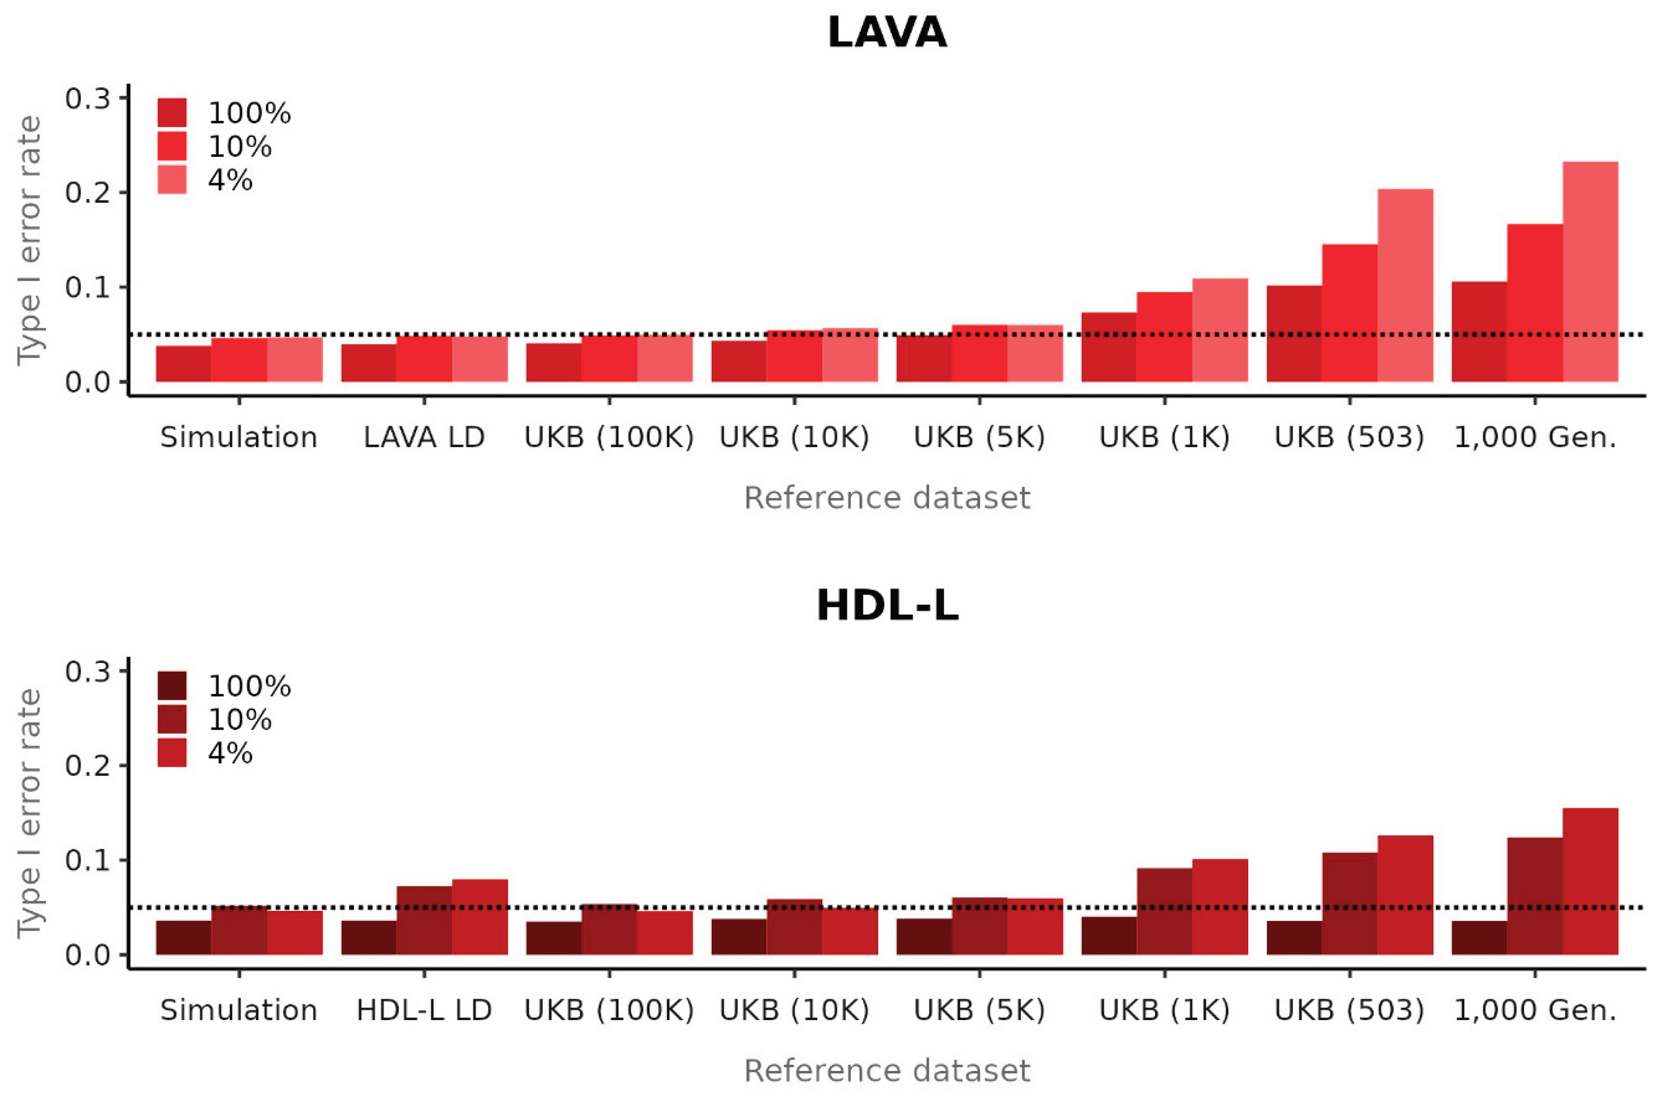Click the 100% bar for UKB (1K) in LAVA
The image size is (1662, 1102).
(1108, 347)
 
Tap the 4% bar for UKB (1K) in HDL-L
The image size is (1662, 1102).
(1220, 907)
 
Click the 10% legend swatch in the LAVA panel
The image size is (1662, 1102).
(171, 146)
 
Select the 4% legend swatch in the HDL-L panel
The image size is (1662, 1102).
(171, 753)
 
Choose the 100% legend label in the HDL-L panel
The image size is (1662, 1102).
(249, 686)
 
